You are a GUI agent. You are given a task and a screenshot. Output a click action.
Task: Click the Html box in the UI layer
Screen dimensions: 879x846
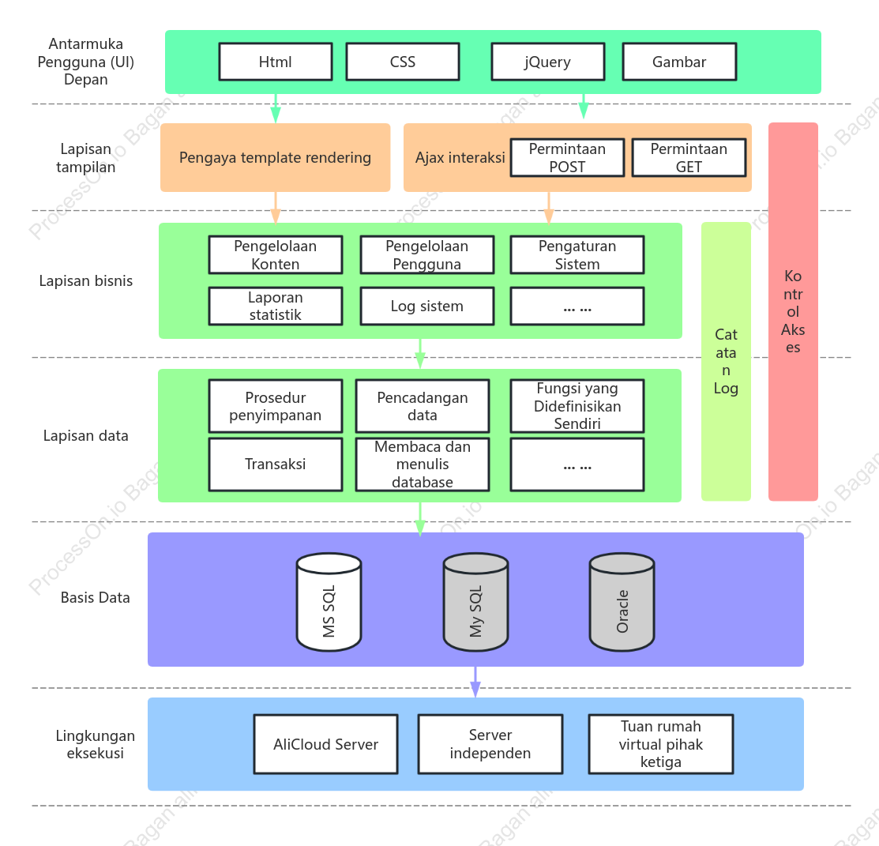click(276, 62)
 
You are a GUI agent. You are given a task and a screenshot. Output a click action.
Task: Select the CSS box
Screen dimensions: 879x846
click(403, 62)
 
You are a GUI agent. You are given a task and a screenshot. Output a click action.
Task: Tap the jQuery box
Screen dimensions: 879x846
click(547, 62)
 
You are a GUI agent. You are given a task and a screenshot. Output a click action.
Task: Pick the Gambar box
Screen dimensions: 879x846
click(679, 62)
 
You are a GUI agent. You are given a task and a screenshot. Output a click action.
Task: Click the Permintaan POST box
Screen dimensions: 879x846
click(567, 158)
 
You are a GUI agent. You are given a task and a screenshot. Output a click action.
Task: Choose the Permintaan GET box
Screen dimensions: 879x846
click(689, 158)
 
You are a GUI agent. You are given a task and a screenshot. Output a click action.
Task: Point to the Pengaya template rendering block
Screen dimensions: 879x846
click(276, 157)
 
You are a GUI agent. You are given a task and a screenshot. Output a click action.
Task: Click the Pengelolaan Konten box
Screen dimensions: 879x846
click(276, 255)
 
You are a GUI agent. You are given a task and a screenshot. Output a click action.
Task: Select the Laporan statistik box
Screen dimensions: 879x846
click(276, 306)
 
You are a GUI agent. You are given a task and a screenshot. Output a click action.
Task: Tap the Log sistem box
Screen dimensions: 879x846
click(427, 306)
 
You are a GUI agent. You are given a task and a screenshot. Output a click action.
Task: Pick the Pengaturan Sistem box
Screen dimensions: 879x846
click(577, 255)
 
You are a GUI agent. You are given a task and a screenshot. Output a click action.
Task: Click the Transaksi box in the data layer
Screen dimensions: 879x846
click(276, 464)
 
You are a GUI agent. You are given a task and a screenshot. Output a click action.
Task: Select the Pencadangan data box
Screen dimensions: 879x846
click(422, 407)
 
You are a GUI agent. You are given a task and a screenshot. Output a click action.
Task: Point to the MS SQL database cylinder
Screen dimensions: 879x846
click(329, 603)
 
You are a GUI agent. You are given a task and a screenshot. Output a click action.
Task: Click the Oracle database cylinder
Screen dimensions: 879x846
click(622, 603)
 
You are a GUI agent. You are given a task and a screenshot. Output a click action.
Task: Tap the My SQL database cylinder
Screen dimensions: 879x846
click(476, 603)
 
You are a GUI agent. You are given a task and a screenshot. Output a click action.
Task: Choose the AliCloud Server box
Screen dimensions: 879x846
click(325, 745)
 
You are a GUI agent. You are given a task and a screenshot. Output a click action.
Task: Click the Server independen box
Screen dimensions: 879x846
click(490, 745)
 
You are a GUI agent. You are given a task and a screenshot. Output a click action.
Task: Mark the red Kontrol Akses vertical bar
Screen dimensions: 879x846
click(793, 312)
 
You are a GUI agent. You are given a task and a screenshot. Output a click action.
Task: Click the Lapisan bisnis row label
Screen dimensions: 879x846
click(86, 281)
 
